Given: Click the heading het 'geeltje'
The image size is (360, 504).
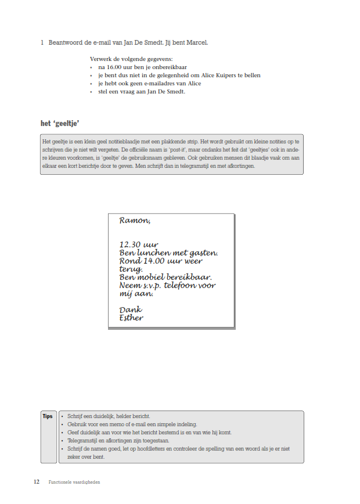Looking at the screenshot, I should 59,123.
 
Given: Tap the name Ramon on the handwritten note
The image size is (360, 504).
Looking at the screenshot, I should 134,221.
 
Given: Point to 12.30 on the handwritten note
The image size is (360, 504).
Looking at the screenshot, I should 130,244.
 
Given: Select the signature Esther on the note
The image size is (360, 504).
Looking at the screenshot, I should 131,318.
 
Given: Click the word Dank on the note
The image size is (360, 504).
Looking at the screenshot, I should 130,309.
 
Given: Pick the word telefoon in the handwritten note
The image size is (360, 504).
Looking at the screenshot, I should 181,285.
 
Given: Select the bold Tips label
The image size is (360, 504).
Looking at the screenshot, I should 48,416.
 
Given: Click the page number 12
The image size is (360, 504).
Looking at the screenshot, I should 37,482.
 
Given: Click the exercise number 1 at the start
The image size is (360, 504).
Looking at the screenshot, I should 42,42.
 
